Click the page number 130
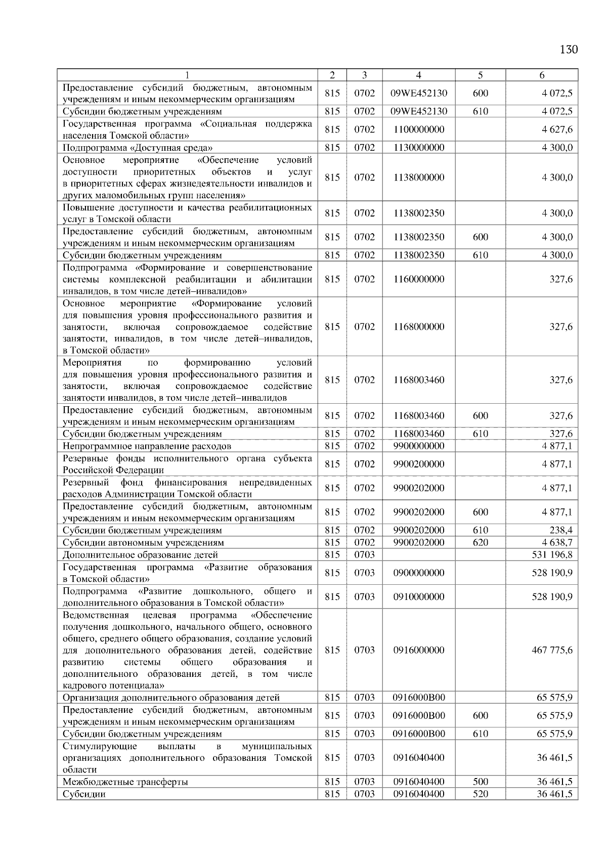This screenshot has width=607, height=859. (x=569, y=49)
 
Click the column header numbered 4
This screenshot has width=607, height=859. (x=418, y=75)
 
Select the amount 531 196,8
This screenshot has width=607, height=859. (x=552, y=554)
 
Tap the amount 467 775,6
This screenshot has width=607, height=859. (x=552, y=650)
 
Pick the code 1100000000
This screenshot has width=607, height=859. (x=418, y=130)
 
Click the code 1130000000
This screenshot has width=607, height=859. (x=418, y=148)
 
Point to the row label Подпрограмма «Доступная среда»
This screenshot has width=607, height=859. (x=138, y=148)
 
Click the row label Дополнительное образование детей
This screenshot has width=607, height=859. (x=140, y=554)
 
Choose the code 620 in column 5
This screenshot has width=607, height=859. (x=480, y=542)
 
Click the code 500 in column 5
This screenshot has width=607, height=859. (x=480, y=782)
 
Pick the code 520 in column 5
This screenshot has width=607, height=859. (x=480, y=794)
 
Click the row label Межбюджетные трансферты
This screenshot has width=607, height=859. (x=125, y=782)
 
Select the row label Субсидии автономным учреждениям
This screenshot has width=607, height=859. (x=143, y=542)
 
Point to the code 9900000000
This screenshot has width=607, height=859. (x=418, y=446)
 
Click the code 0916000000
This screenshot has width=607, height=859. (x=418, y=650)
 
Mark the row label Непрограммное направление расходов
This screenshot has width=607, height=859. (x=147, y=446)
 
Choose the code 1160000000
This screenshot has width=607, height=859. (x=418, y=279)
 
